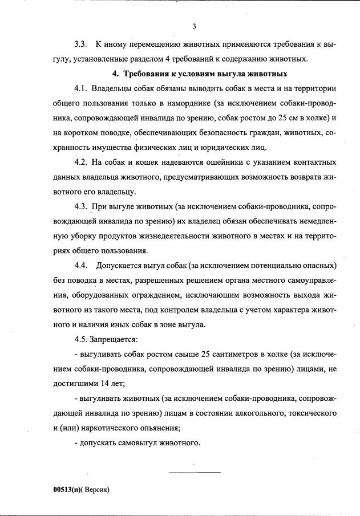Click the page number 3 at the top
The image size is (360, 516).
(194, 26)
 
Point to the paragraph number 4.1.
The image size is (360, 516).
(82, 90)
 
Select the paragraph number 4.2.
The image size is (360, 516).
(82, 164)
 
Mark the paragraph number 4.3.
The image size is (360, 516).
(82, 206)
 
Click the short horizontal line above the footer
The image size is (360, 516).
(194, 472)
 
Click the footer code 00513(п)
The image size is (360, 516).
(63, 490)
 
